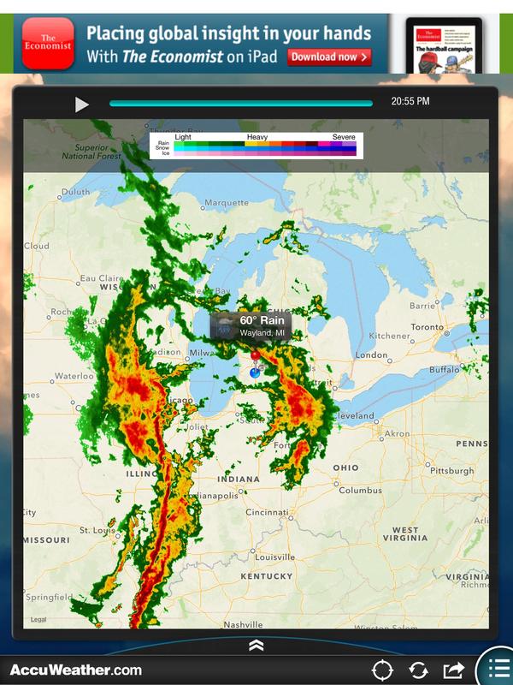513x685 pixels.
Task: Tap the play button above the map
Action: click(81, 104)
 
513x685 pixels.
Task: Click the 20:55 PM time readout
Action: click(410, 102)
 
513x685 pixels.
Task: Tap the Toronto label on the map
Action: click(427, 327)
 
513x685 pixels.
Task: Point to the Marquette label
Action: click(226, 203)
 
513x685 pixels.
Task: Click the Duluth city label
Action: click(74, 193)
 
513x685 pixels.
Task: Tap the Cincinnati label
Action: click(268, 512)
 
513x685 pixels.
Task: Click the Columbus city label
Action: click(360, 491)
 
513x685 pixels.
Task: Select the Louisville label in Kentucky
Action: click(274, 557)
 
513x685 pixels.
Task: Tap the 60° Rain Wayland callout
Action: click(251, 325)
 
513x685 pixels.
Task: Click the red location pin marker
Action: click(255, 356)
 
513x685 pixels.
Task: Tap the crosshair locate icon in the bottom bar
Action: click(381, 670)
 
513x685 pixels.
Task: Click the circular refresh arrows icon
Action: click(418, 670)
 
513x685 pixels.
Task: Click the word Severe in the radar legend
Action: click(344, 137)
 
